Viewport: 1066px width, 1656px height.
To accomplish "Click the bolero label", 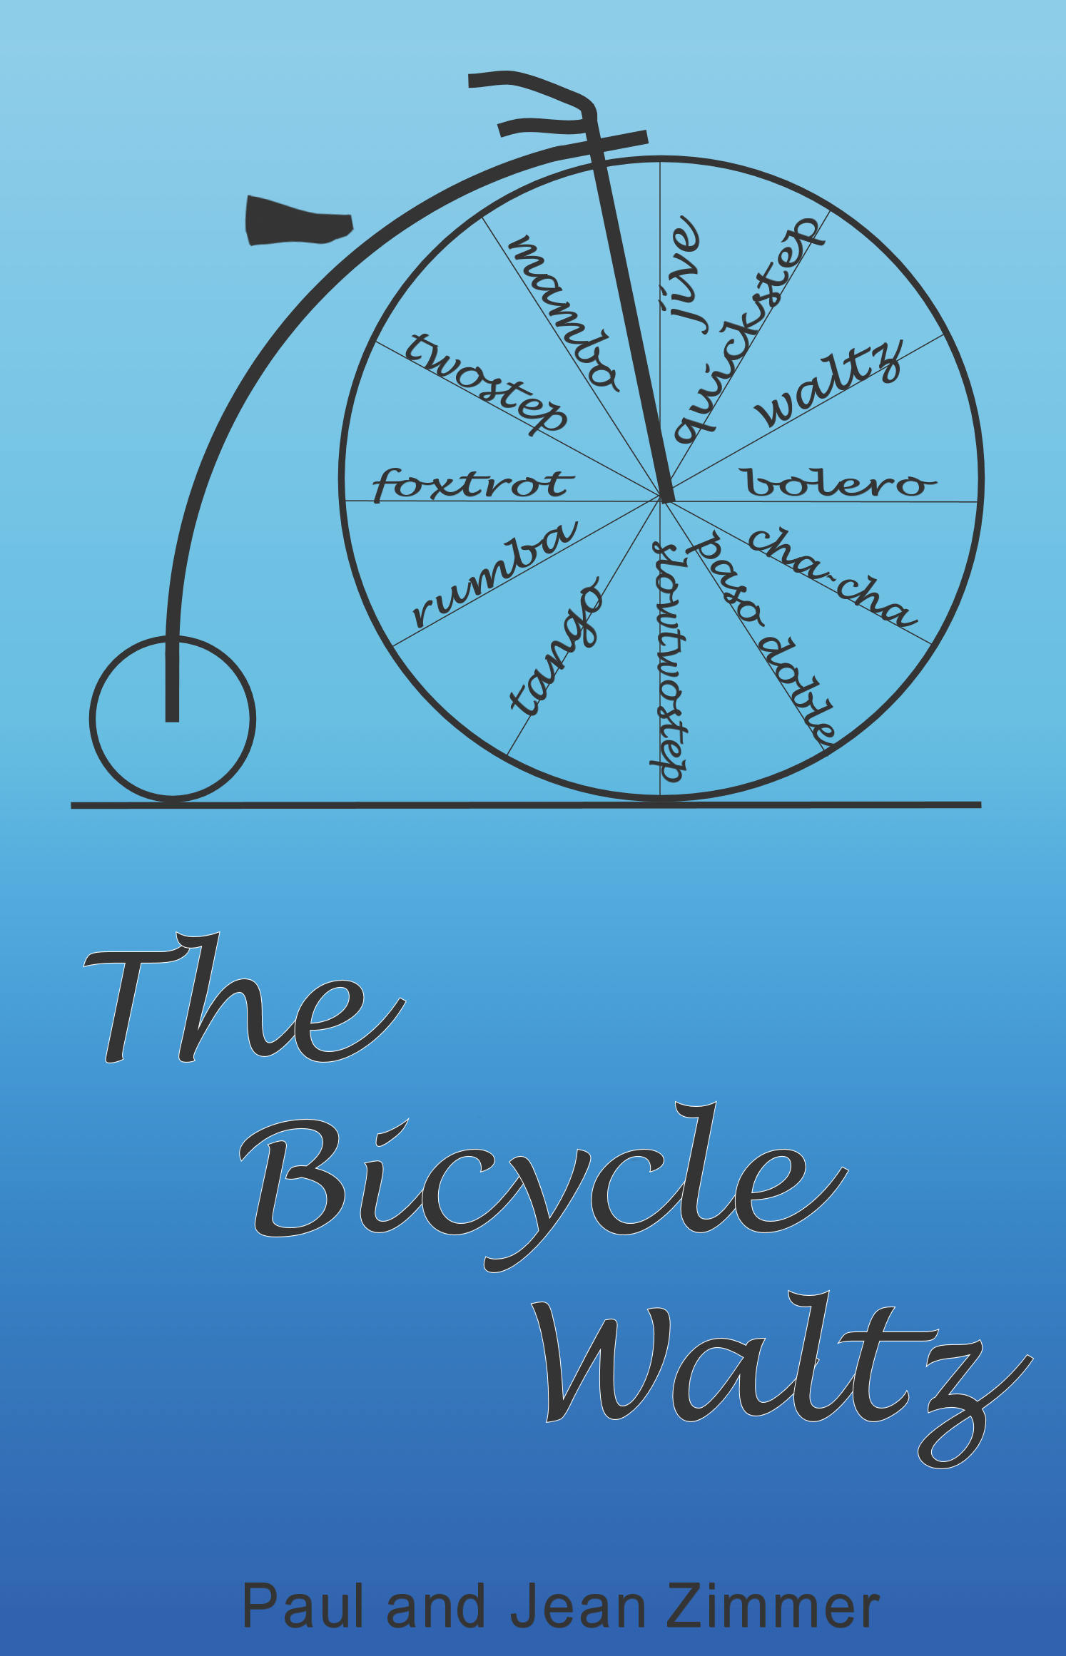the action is pyautogui.click(x=838, y=483).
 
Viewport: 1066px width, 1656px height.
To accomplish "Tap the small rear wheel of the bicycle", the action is pyautogui.click(x=173, y=718).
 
